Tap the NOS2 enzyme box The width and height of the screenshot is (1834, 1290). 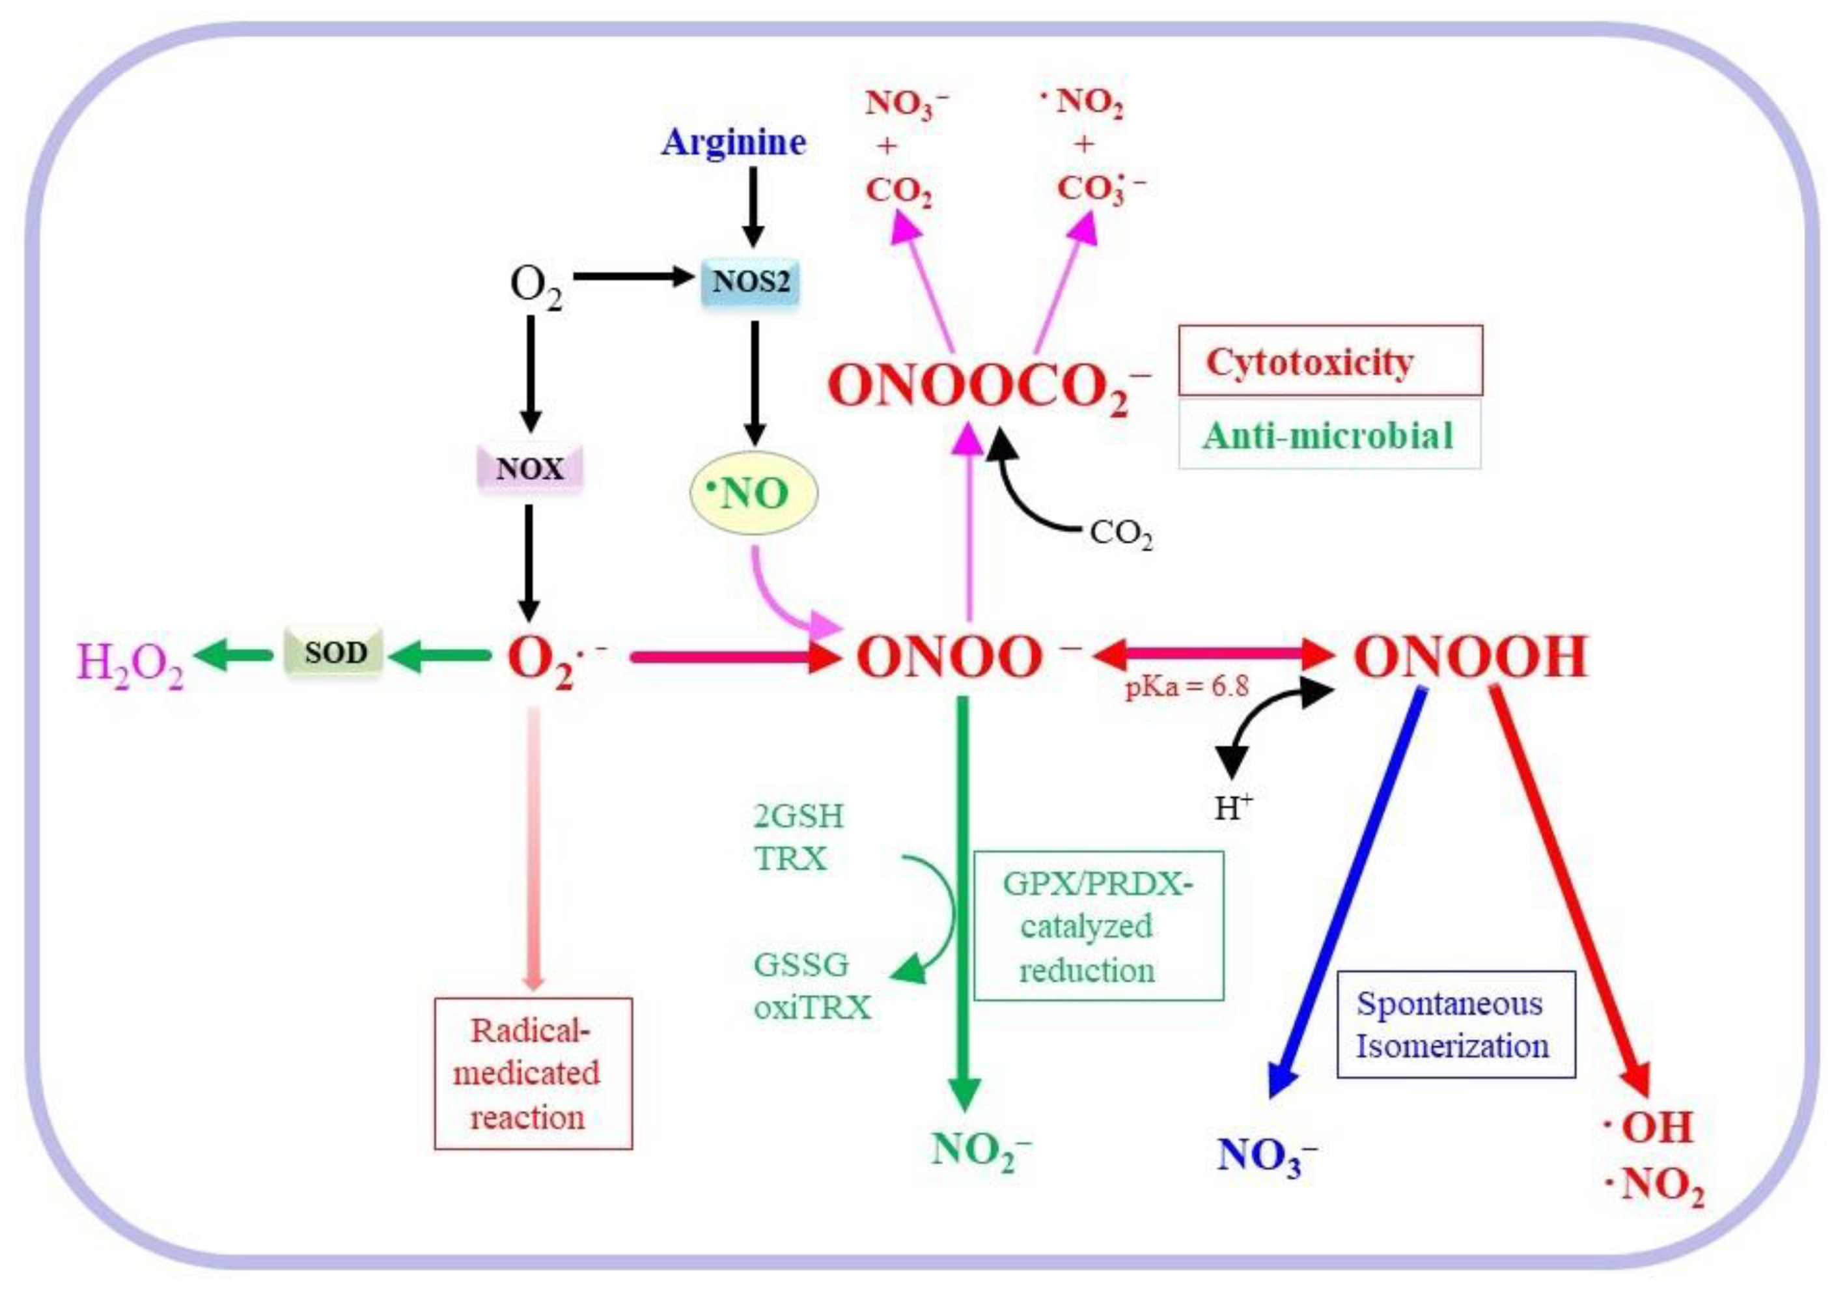(x=750, y=282)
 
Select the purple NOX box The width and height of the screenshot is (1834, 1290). (x=529, y=468)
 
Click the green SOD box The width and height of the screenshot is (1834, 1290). (x=335, y=652)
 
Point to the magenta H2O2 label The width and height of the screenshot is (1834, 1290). (x=130, y=663)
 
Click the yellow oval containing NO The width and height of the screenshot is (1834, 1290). (x=753, y=494)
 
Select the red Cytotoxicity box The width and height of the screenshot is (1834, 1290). (x=1330, y=361)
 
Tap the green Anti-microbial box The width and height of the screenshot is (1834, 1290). (x=1329, y=436)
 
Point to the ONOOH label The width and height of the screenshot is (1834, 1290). (x=1471, y=658)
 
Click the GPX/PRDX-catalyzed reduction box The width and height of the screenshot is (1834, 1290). (x=1098, y=927)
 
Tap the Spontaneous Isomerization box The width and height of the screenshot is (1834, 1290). (x=1455, y=1025)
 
